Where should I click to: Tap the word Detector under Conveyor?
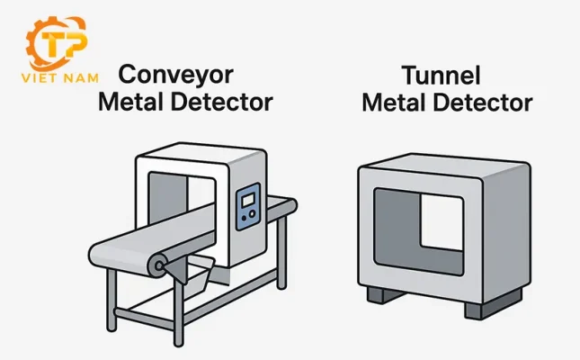point(219,103)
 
